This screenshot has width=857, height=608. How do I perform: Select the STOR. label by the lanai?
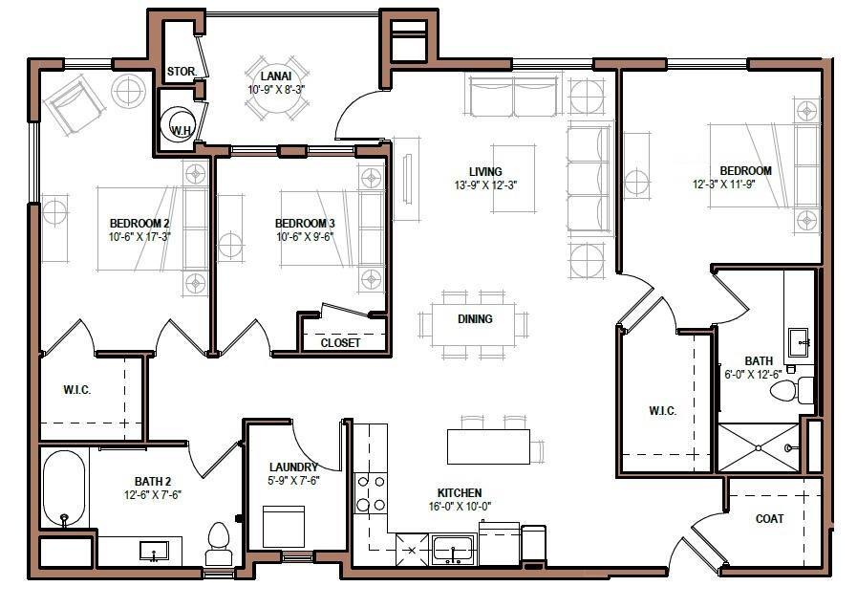tap(181, 72)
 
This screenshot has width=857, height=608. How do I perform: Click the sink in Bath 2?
tap(153, 551)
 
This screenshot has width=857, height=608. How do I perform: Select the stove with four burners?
tap(370, 493)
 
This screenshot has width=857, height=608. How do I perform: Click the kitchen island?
tap(488, 446)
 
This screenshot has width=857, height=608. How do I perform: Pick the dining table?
tap(475, 319)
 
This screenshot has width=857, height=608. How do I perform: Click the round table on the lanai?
tap(274, 104)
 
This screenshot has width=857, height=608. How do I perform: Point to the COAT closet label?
tap(769, 519)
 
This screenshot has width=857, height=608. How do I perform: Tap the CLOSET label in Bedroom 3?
tap(340, 342)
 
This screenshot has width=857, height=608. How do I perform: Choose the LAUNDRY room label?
tap(293, 467)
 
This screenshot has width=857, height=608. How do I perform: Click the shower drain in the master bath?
tap(758, 447)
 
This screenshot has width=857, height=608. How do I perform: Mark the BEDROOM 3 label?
tap(305, 224)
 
